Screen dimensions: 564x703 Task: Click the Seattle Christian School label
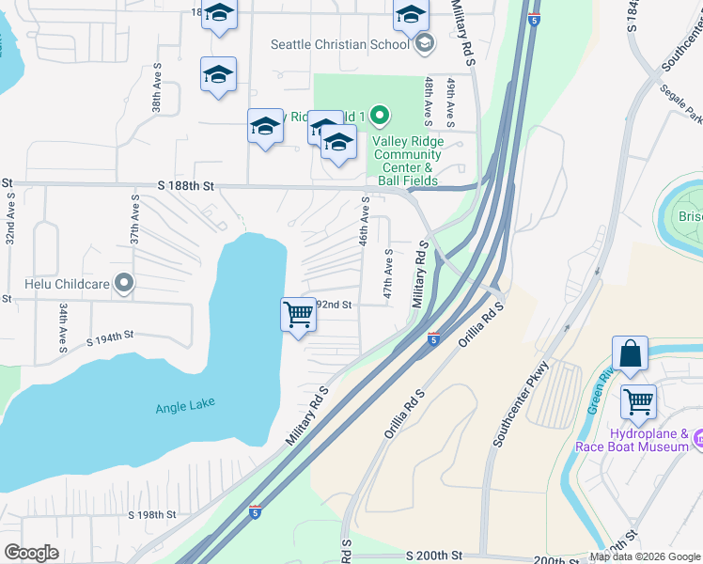[x=339, y=43]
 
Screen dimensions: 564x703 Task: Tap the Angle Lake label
[x=185, y=404]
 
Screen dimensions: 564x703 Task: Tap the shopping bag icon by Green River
[x=630, y=354]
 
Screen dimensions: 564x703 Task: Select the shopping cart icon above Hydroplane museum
[x=638, y=402]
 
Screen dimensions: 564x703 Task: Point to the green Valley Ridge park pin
[x=380, y=117]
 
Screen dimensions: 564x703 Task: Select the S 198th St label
[x=151, y=514]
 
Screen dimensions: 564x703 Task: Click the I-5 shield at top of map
[x=534, y=18]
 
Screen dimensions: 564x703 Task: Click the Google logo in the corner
[x=31, y=553]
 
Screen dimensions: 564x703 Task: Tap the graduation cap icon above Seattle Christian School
[x=411, y=15]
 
